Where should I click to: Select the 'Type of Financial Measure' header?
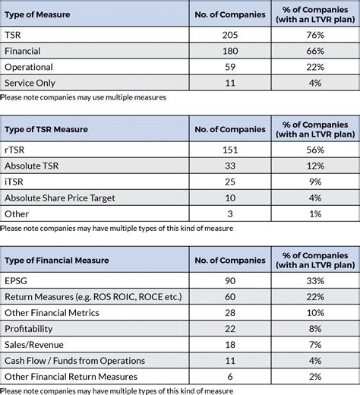point(56,260)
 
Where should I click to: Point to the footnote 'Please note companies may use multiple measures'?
point(84,98)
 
